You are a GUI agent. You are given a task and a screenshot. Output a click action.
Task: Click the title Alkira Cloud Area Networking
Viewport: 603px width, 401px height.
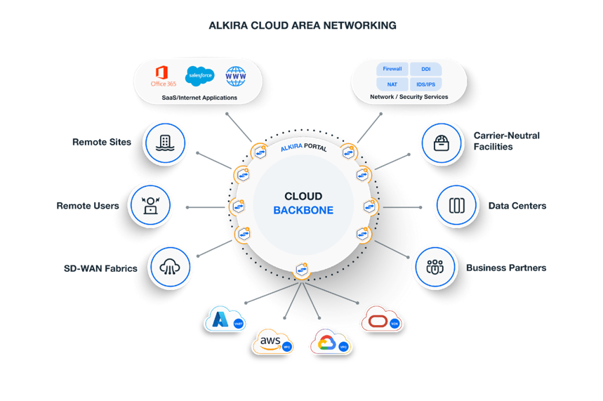pyautogui.click(x=303, y=25)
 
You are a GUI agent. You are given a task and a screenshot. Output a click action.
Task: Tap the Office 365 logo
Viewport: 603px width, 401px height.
pyautogui.click(x=163, y=75)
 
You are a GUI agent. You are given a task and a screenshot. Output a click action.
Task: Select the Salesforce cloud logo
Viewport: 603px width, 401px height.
pyautogui.click(x=199, y=75)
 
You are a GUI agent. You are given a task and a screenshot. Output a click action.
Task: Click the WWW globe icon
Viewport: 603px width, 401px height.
pyautogui.click(x=237, y=75)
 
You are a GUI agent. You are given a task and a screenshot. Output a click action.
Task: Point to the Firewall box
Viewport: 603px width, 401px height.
pyautogui.click(x=392, y=70)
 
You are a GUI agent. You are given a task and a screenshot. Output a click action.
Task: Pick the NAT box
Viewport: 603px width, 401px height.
pyautogui.click(x=392, y=84)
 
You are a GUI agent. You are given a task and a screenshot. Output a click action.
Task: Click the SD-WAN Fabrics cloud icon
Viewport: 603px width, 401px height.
pyautogui.click(x=171, y=267)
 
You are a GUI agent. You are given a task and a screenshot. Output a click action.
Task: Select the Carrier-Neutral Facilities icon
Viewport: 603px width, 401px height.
pyautogui.click(x=441, y=144)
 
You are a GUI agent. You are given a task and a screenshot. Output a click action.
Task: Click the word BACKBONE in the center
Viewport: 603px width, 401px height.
pyautogui.click(x=303, y=211)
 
